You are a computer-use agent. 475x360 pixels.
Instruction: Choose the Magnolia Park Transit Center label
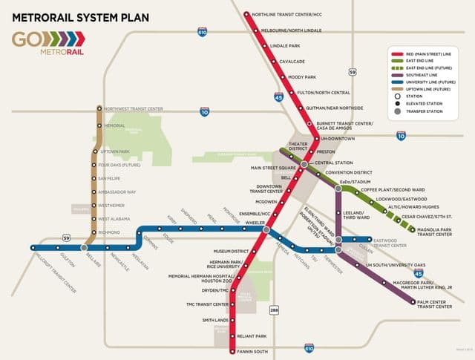click(x=437, y=232)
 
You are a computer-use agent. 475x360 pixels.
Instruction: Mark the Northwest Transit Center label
click(x=133, y=109)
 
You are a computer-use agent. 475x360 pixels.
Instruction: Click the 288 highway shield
click(x=274, y=310)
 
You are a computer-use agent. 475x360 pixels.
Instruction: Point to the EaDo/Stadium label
click(x=354, y=182)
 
